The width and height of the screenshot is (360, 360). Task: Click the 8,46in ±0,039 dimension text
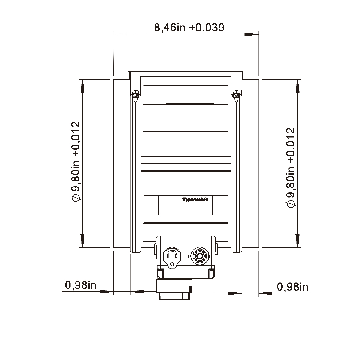pyautogui.click(x=189, y=27)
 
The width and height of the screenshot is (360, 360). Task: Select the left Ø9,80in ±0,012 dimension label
pyautogui.click(x=76, y=162)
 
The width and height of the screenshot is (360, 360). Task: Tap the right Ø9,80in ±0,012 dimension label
pyautogui.click(x=291, y=168)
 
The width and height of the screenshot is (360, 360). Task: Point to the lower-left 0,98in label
pyautogui.click(x=80, y=285)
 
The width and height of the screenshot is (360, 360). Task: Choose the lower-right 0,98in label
pyautogui.click(x=292, y=287)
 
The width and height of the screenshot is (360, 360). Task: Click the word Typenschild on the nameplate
pyautogui.click(x=195, y=199)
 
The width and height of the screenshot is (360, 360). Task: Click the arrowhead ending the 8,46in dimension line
pyautogui.click(x=252, y=35)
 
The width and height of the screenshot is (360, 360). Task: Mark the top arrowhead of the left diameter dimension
pyautogui.click(x=83, y=86)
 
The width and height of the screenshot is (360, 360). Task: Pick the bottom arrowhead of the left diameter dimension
pyautogui.click(x=83, y=241)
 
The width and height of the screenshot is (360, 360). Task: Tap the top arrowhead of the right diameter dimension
pyautogui.click(x=298, y=86)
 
